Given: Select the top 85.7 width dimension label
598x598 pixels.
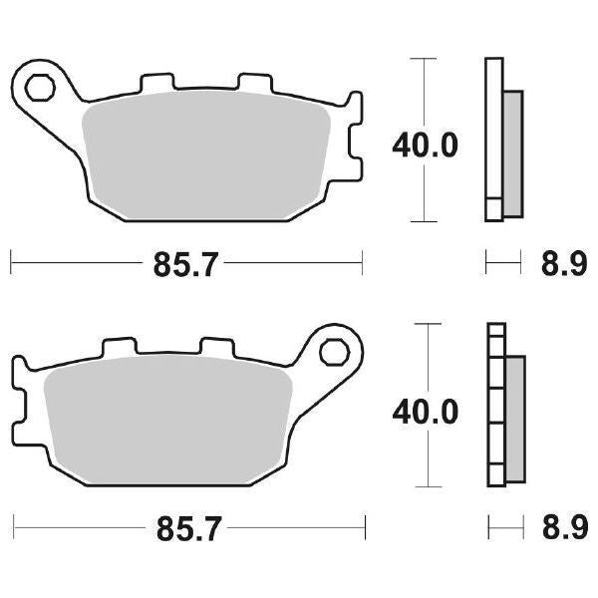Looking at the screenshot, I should pos(185,265).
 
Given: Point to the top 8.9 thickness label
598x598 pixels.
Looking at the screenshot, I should pos(559,265).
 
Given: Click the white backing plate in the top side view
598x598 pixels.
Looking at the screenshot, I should pos(491,140).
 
